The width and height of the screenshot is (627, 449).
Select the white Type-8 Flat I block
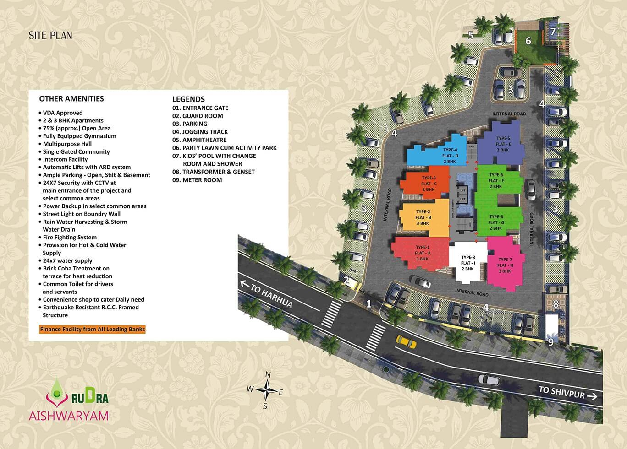tap(467, 263)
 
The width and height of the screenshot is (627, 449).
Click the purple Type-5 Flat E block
tap(502, 143)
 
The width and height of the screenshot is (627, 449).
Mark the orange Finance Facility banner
tap(92, 329)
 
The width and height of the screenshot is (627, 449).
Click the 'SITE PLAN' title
tap(50, 35)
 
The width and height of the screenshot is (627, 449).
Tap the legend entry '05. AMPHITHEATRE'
tap(199, 140)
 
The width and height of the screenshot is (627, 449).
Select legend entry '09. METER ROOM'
tap(197, 180)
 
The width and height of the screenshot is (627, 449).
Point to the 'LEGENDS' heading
tap(188, 99)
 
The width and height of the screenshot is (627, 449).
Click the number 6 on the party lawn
tap(528, 41)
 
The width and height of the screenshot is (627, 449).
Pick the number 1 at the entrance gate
tap(369, 303)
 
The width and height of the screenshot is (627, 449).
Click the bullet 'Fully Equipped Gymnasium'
tap(79, 136)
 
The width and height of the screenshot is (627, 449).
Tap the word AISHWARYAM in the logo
tap(69, 416)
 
